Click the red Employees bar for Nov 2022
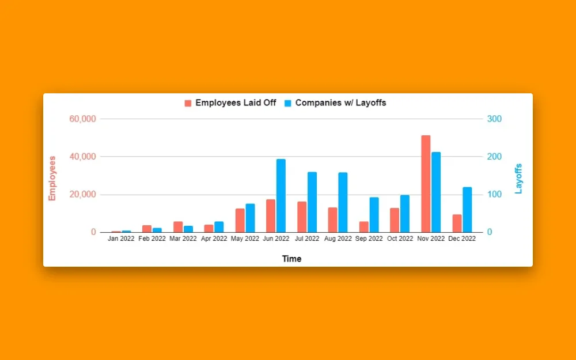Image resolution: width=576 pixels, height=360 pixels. coord(426,184)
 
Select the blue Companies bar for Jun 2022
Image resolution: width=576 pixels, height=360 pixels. coord(281,196)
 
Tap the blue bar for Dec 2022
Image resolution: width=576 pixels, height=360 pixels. coord(467,210)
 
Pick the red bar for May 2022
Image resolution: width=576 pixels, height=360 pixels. coord(240,221)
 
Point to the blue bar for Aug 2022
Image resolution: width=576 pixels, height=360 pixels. coord(343,202)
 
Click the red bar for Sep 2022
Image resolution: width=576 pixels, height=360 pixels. coord(363,227)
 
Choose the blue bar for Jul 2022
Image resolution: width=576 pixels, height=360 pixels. coord(312,202)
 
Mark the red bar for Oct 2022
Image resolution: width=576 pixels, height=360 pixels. coord(395,220)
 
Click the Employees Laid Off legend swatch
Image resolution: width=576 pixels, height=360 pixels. coord(188,103)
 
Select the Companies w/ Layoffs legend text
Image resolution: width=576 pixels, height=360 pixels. coord(340,103)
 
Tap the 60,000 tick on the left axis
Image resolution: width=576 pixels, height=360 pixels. coord(82,119)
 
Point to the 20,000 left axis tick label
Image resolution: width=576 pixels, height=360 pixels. coord(82,195)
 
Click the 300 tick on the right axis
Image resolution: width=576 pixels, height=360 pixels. coord(495,119)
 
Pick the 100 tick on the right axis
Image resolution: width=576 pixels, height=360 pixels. coord(495,195)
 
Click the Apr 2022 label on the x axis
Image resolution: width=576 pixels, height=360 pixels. coord(212,239)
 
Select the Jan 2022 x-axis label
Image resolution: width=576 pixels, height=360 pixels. coord(121,239)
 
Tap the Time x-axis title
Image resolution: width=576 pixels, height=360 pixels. coord(291,259)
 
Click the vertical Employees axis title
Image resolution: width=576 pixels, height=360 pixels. coord(52,178)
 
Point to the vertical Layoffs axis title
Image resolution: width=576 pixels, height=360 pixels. coord(518,179)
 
